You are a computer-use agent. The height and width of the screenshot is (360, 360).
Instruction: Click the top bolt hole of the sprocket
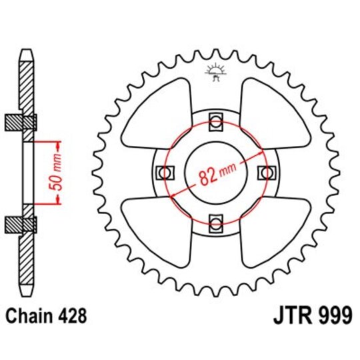coord(215,121)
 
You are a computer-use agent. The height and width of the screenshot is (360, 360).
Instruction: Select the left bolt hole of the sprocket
coord(164,172)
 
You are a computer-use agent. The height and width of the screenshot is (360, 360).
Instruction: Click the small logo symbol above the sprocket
coord(214,71)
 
